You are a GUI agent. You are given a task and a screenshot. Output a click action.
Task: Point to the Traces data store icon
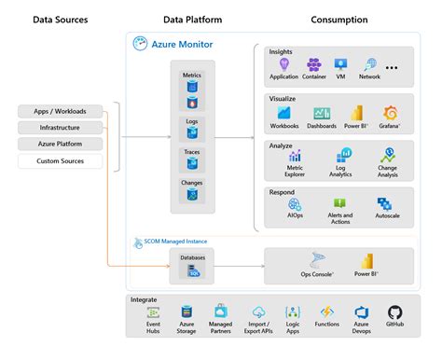191,164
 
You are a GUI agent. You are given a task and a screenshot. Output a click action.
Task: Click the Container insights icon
313,64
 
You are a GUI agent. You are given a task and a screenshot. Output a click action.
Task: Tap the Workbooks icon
283,113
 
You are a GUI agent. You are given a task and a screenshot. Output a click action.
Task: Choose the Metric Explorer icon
296,155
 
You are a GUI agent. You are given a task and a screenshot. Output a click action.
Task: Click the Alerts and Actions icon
339,203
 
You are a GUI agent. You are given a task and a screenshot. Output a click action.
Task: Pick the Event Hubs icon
153,312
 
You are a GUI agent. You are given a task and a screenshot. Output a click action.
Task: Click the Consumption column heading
338,20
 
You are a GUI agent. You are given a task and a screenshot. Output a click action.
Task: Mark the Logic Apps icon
293,312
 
